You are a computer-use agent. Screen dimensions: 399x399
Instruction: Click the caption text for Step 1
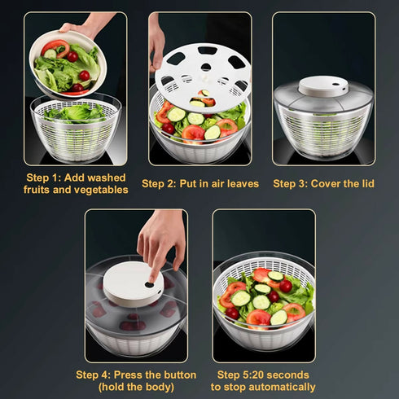[x=75, y=183]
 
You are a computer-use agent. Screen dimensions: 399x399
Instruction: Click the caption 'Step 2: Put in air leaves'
[x=200, y=183]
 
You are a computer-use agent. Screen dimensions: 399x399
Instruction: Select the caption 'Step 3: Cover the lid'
[x=323, y=183]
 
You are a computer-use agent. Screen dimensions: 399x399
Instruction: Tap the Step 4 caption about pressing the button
[x=136, y=380]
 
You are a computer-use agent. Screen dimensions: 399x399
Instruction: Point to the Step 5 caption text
[x=263, y=380]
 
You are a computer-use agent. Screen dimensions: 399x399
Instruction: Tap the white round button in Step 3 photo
[x=323, y=85]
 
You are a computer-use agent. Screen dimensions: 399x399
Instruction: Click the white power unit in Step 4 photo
[x=133, y=285]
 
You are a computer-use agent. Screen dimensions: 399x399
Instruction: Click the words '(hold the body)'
[x=136, y=387]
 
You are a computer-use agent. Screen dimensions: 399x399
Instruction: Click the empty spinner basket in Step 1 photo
[x=75, y=130]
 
